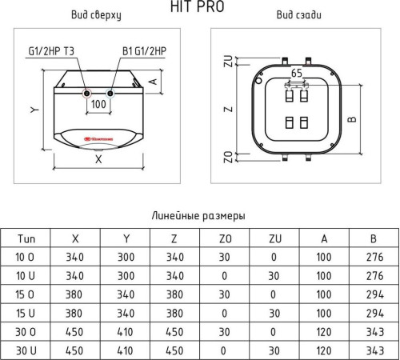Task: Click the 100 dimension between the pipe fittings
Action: click(99, 105)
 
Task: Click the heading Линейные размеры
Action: click(198, 215)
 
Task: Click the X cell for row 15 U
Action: click(76, 312)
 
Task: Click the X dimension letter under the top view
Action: click(98, 159)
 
